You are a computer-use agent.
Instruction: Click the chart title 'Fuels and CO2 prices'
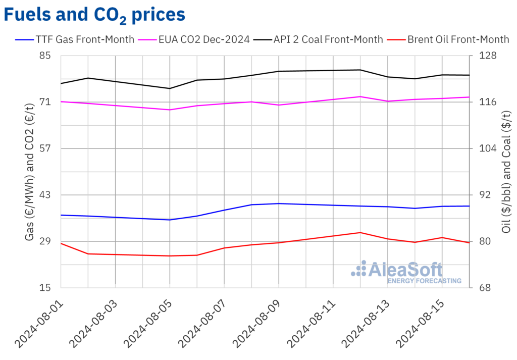point(94,15)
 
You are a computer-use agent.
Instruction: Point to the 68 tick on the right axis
point(482,288)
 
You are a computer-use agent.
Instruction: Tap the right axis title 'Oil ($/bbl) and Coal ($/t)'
point(506,172)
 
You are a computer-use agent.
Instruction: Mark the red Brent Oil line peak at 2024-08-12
point(360,232)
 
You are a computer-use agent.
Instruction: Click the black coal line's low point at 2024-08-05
point(170,88)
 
